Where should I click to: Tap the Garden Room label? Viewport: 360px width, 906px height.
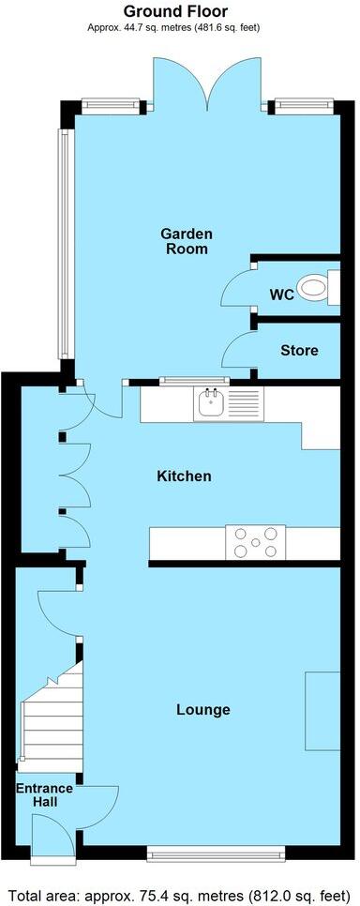187,241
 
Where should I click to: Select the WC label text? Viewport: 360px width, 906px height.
282,294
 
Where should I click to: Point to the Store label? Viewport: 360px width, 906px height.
299,351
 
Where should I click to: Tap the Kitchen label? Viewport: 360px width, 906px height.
184,476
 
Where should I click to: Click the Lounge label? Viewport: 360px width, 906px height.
203,709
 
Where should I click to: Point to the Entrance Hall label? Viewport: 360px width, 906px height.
37,795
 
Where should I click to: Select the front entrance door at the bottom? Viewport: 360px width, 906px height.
45,838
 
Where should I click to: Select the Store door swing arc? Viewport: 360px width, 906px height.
236,349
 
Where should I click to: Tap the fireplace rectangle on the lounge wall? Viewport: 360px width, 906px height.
322,710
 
